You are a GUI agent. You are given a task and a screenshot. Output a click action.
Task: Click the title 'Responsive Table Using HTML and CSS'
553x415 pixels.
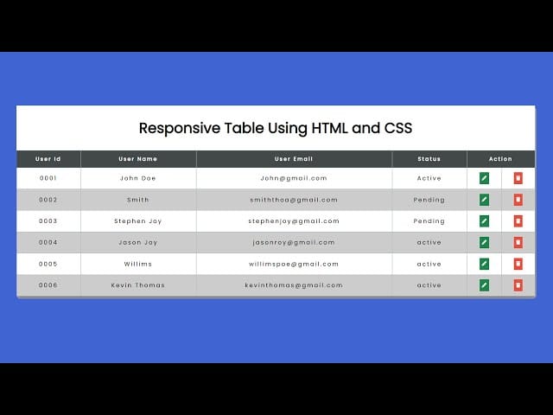(276, 128)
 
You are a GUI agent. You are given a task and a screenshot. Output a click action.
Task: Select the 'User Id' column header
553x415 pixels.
(48, 159)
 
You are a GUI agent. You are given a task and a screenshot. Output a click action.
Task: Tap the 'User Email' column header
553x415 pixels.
(294, 159)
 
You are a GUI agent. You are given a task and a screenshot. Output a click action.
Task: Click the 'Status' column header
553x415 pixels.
(429, 159)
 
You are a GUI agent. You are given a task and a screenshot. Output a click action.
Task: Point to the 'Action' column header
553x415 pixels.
(500, 159)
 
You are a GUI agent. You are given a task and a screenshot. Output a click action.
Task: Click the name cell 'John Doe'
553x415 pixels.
(137, 178)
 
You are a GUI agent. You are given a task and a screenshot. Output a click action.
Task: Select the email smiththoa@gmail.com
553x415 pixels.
(294, 200)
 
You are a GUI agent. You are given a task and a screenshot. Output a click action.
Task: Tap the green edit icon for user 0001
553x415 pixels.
(484, 178)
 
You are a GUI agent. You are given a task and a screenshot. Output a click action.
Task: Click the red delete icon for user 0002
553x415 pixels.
(518, 200)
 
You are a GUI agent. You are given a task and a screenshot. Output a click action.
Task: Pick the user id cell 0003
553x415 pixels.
(48, 221)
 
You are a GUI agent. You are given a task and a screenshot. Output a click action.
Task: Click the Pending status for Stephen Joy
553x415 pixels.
(429, 221)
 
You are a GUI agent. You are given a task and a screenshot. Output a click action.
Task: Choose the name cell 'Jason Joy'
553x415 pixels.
(137, 243)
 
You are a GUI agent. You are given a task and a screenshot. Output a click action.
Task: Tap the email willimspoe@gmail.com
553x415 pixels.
(294, 265)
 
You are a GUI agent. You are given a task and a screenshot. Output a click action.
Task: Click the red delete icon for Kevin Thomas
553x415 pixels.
(518, 285)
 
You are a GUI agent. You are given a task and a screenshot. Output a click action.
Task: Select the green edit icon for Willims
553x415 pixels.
(484, 265)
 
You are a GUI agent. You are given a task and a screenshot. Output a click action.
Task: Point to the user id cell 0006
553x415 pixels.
(48, 285)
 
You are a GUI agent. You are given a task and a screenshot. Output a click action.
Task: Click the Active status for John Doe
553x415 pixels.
(429, 178)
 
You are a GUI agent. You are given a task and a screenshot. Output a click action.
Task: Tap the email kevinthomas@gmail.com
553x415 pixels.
(294, 285)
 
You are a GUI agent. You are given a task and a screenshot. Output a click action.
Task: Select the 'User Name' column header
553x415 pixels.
(137, 159)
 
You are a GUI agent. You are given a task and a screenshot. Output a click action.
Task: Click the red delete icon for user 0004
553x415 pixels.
(518, 243)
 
